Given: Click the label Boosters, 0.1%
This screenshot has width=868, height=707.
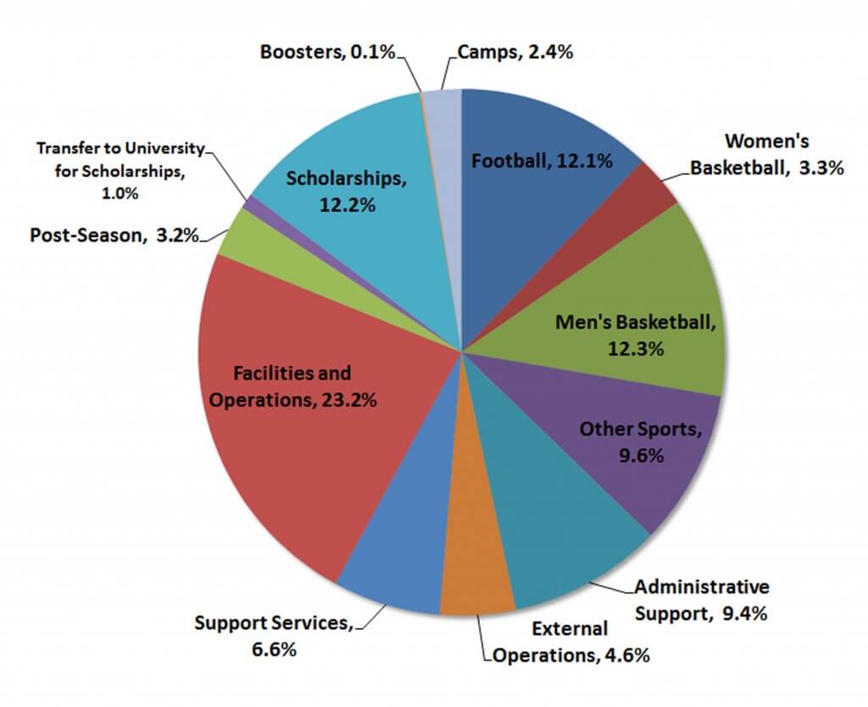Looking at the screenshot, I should [x=327, y=52].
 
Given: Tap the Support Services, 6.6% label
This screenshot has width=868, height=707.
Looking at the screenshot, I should [x=273, y=636].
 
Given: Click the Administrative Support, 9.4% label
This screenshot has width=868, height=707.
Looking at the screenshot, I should [x=701, y=599].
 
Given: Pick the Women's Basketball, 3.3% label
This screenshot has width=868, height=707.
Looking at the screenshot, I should [x=767, y=154].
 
